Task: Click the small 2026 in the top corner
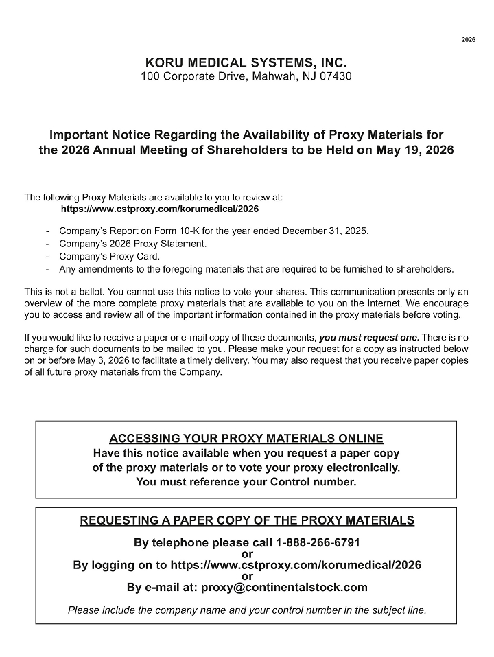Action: pyautogui.click(x=468, y=40)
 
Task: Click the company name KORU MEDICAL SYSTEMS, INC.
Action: pyautogui.click(x=246, y=63)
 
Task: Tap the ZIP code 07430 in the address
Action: pyautogui.click(x=336, y=76)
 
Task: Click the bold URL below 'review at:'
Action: pyautogui.click(x=160, y=208)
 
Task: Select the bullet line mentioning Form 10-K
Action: pyautogui.click(x=213, y=231)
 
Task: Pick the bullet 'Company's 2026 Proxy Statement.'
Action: pyautogui.click(x=132, y=244)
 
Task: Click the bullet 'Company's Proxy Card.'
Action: pyautogui.click(x=109, y=256)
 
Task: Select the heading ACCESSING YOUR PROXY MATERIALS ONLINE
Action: pyautogui.click(x=246, y=439)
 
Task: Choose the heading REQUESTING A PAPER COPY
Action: pyautogui.click(x=247, y=520)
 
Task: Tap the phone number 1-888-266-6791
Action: pyautogui.click(x=318, y=543)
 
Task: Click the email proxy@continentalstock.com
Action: pyautogui.click(x=284, y=588)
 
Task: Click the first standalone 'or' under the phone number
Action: pyautogui.click(x=248, y=554)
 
